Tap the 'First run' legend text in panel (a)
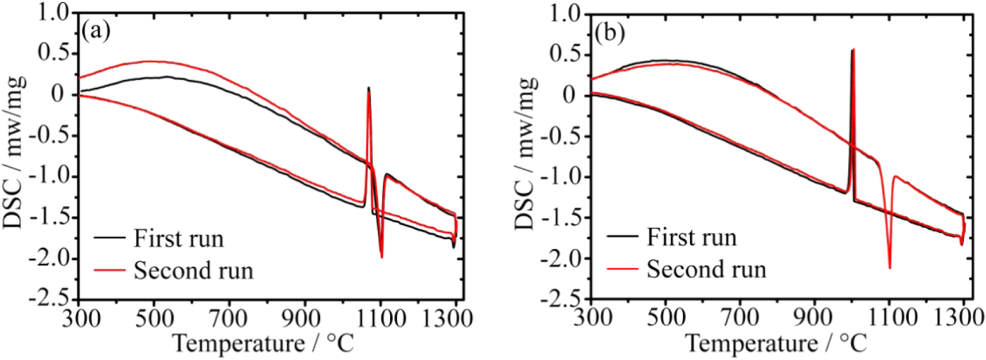pyautogui.click(x=178, y=238)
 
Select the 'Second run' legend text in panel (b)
pyautogui.click(x=706, y=269)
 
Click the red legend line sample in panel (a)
pyautogui.click(x=109, y=269)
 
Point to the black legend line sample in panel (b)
pyautogui.click(x=622, y=236)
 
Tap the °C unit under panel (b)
pyautogui.click(x=853, y=343)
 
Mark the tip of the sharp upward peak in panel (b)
pyautogui.click(x=854, y=50)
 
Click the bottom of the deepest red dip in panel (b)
pyautogui.click(x=890, y=268)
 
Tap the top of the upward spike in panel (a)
pyautogui.click(x=369, y=88)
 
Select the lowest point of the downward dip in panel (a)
pyautogui.click(x=382, y=257)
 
